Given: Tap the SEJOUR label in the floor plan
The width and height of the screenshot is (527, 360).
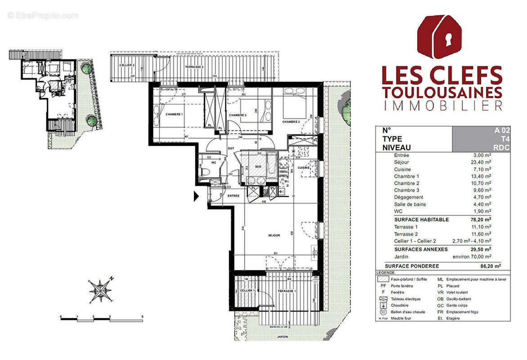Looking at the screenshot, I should click(x=274, y=235).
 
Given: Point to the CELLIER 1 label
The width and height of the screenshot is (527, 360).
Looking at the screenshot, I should click(x=247, y=291).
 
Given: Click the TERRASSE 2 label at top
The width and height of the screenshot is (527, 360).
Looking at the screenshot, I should click(x=195, y=67).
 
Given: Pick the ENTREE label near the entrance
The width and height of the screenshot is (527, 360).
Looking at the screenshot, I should click(x=233, y=196).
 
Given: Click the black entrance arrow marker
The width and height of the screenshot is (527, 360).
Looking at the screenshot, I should click(x=196, y=196).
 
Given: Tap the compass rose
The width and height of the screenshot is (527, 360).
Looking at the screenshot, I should click(x=101, y=290).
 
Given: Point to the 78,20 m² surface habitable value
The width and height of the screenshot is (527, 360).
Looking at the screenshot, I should click(x=480, y=220).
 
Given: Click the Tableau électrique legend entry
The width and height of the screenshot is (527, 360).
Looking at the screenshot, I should click(x=406, y=299).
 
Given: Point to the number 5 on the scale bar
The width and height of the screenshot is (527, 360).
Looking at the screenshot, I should click(x=143, y=317).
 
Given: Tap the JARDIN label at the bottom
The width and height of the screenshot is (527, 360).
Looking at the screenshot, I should click(x=282, y=336).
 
